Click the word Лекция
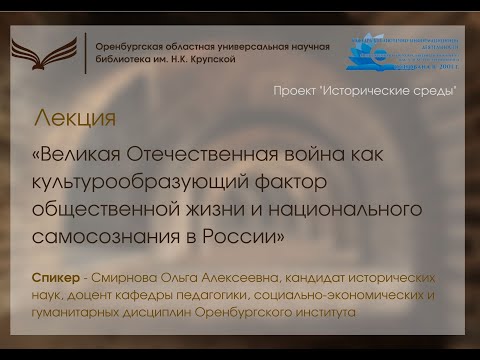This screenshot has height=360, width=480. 74,117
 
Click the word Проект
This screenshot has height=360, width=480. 298,91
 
